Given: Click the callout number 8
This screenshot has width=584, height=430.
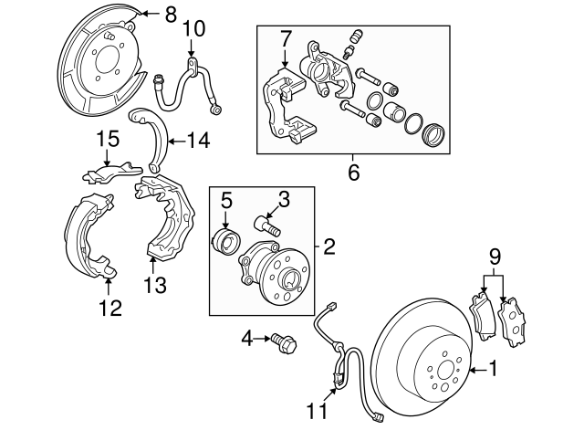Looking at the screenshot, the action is [171, 15].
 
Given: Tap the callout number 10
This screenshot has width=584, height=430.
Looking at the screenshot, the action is [193, 28].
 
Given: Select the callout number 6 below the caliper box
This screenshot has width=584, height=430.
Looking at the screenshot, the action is [353, 173].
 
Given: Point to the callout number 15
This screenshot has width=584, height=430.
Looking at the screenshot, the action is [109, 139].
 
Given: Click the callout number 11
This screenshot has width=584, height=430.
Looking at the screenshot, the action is [317, 411].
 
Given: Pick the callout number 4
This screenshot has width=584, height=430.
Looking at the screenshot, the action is [247, 339].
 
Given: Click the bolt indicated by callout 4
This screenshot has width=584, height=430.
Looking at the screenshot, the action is [284, 342].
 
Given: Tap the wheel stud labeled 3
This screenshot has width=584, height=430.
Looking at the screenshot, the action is [267, 226].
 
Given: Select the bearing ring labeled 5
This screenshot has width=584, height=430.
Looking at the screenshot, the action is [226, 241].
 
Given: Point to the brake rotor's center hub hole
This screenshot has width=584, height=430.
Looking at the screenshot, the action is [446, 371].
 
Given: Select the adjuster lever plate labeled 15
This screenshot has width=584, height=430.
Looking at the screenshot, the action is [111, 173].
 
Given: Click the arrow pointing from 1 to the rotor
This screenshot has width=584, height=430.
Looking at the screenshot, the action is [478, 370].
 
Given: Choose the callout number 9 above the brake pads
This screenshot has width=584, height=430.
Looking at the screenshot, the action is [495, 257].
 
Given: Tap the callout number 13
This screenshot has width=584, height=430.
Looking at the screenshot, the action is [155, 285].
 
